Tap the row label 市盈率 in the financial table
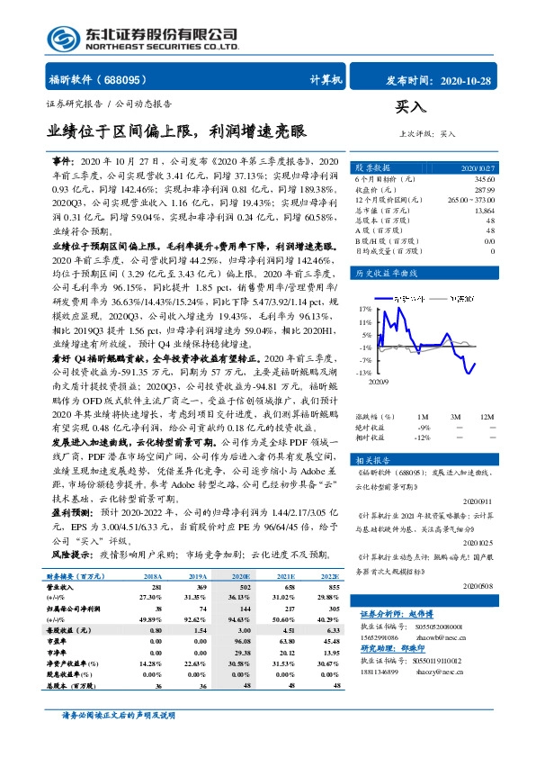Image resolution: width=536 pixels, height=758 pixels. pos(60,652)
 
